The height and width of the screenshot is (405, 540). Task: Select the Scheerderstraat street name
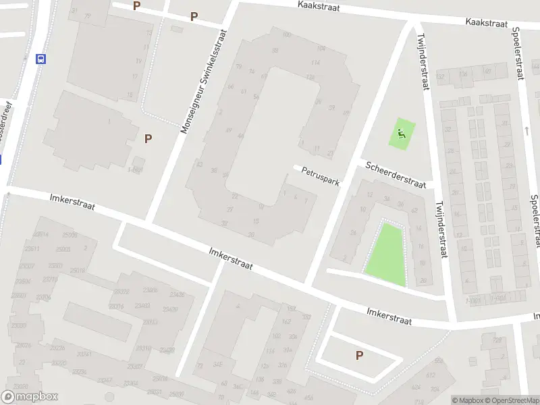[x=396, y=175]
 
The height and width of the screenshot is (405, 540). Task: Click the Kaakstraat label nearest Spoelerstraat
[x=486, y=23]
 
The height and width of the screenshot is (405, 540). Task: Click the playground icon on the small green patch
[x=402, y=134]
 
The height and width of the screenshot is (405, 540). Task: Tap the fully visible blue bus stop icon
[x=41, y=59]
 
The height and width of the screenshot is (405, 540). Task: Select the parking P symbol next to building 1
[x=148, y=138]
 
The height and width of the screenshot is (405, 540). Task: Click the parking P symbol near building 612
[x=359, y=355]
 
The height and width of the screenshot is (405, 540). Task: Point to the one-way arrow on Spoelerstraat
[x=526, y=128]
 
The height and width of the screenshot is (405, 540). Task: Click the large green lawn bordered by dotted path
[x=387, y=253]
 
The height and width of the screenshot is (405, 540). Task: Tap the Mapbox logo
[x=30, y=397]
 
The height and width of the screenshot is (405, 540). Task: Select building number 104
[x=321, y=48]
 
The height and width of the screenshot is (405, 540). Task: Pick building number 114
[x=315, y=62]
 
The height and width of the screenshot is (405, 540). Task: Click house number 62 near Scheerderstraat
[x=414, y=210]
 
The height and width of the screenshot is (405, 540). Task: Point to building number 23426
[x=177, y=294]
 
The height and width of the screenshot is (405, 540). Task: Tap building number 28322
[x=122, y=292]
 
